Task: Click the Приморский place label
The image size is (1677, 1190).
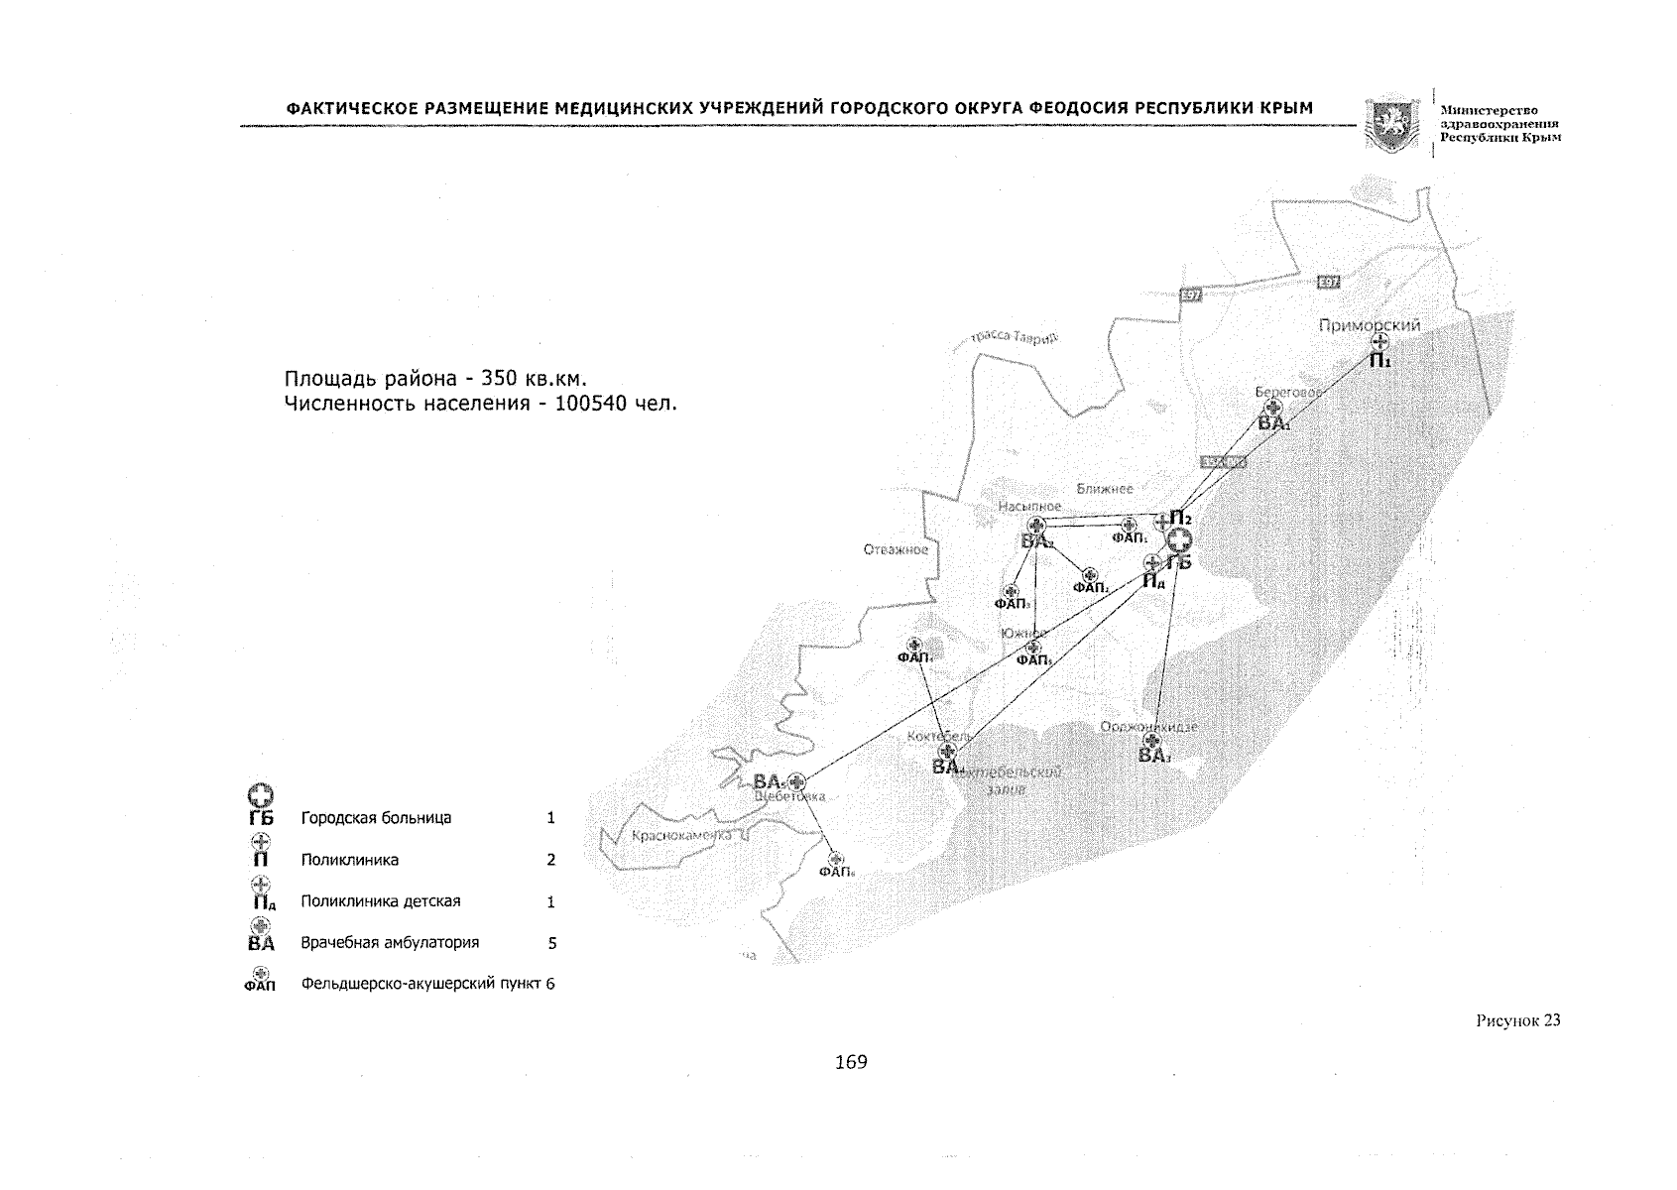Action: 1369,325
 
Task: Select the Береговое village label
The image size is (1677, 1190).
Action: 1287,393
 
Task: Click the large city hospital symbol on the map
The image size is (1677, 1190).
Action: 1178,540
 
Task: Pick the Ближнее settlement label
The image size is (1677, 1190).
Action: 1104,489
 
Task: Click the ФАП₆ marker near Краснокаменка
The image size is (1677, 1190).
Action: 835,859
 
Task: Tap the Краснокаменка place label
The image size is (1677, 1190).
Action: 680,835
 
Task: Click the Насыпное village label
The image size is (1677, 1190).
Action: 1029,507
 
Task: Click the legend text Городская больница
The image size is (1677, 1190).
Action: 376,818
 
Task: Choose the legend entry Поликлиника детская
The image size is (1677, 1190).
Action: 380,901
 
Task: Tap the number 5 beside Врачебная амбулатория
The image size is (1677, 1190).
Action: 551,943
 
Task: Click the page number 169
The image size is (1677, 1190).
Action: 851,1062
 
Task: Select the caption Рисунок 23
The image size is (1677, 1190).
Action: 1518,1020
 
